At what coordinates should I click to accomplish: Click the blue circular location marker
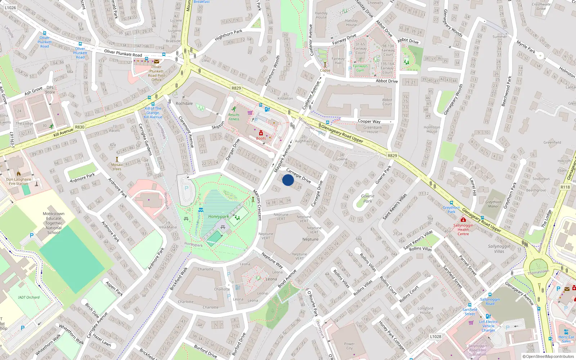[288, 180]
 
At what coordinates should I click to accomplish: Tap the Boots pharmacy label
[261, 138]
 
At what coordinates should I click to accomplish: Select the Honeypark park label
[219, 217]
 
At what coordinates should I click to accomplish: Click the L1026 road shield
[10, 8]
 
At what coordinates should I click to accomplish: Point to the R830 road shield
[80, 127]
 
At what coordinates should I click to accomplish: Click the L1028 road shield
[435, 337]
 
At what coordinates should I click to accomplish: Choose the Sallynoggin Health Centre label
[463, 230]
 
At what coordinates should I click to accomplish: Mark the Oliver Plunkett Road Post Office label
[156, 73]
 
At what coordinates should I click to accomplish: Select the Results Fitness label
[234, 117]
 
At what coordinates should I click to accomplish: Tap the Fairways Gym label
[360, 68]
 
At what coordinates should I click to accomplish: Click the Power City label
[349, 346]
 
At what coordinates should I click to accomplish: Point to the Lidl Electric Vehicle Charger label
[489, 326]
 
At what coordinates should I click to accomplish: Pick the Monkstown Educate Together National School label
[54, 223]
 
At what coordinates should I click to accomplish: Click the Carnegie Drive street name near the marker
[298, 176]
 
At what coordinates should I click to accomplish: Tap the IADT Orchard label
[29, 297]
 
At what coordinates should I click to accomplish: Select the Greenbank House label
[373, 130]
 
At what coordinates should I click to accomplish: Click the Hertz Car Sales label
[566, 339]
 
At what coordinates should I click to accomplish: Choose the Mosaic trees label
[117, 167]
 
